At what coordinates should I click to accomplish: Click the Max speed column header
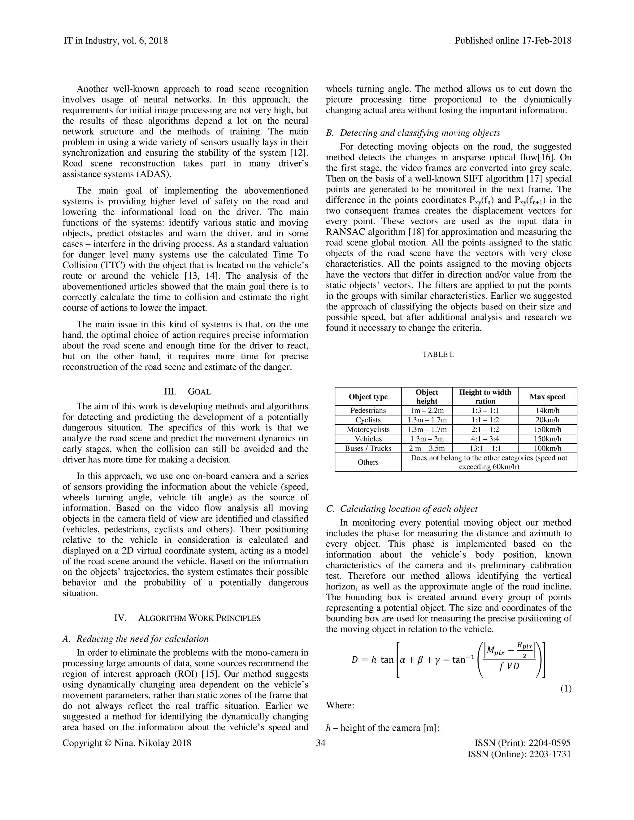(547, 396)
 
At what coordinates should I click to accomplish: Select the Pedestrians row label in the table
(368, 410)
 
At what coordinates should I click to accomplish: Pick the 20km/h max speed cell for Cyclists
(547, 420)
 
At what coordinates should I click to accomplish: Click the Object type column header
(368, 396)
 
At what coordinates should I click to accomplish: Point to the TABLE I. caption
(438, 354)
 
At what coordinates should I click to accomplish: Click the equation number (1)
(566, 688)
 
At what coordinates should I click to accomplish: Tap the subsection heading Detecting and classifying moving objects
(419, 133)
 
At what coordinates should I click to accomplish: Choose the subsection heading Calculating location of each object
(408, 509)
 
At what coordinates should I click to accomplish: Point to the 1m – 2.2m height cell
(427, 410)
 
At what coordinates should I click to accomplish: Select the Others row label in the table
(368, 462)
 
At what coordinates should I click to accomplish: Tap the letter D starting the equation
(354, 660)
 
